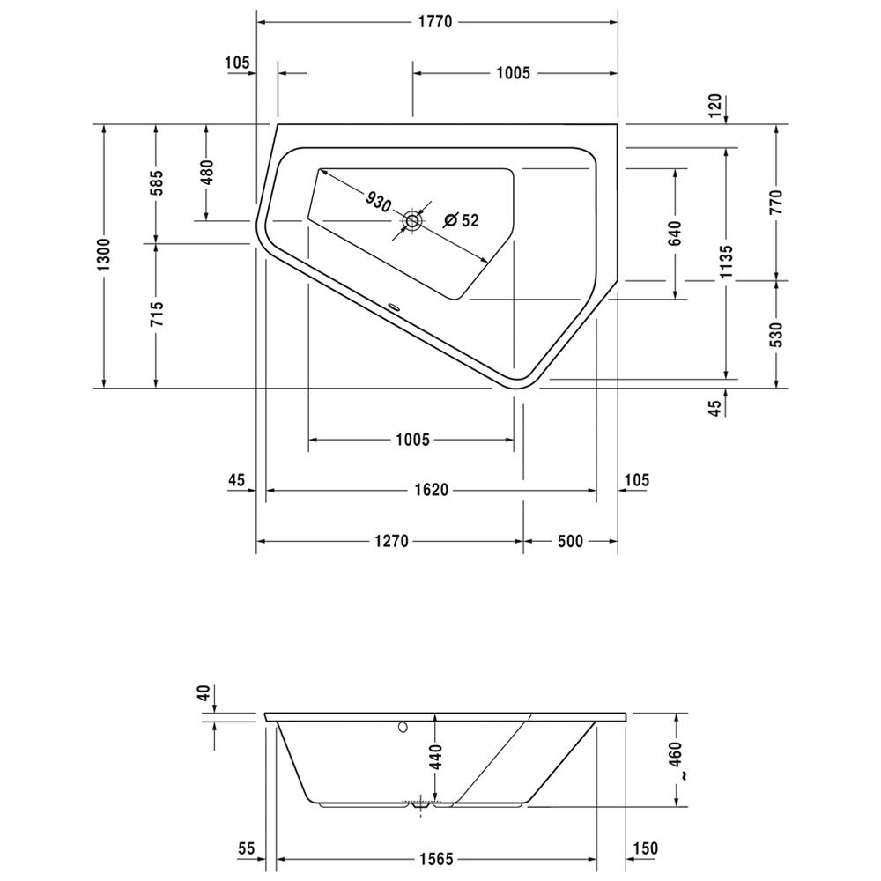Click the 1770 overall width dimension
coord(435,22)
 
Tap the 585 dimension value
coord(156,182)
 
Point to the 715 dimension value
coord(156,315)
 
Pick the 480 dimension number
coord(207,173)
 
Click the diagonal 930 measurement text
coord(378,201)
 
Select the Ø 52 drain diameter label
coord(461,220)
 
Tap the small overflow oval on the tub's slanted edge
coord(393,307)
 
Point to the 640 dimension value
coord(676,233)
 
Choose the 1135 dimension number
coord(727,262)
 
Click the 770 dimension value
coord(776,203)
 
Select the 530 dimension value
coord(776,334)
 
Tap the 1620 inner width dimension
coord(432,490)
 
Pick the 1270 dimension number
coord(392,541)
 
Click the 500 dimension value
coord(570,541)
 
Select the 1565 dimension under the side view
coord(436,860)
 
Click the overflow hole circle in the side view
coord(403,727)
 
